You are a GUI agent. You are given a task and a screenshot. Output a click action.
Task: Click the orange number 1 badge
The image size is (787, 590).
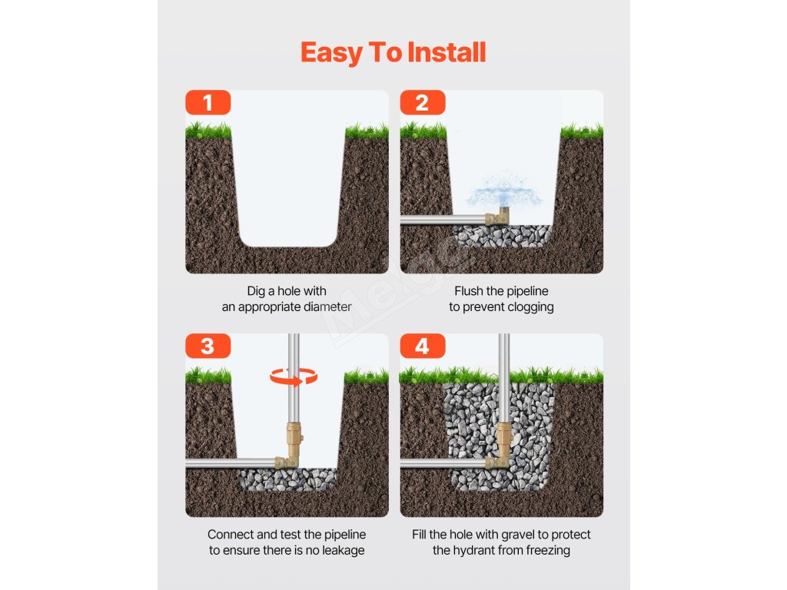point(208,102)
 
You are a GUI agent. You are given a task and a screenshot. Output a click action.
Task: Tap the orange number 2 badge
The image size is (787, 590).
point(423,102)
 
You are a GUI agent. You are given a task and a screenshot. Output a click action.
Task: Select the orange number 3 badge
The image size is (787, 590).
point(208,346)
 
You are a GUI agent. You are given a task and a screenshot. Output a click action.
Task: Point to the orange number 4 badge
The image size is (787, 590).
point(423,346)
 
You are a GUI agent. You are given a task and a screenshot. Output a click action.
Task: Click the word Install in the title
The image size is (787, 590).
point(447,52)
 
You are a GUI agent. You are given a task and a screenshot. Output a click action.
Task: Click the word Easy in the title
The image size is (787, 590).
point(331,53)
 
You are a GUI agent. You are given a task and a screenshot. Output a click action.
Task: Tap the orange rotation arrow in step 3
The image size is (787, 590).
point(294,376)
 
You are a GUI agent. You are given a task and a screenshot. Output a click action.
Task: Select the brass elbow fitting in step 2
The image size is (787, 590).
point(497,217)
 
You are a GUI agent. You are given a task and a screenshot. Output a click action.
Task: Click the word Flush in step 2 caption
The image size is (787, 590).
point(469,291)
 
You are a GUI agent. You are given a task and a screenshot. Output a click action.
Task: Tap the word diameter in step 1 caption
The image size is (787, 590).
point(326,307)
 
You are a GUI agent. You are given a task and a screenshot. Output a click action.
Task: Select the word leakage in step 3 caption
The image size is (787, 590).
point(344,550)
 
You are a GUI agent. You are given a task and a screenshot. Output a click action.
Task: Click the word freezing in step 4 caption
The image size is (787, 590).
point(548,550)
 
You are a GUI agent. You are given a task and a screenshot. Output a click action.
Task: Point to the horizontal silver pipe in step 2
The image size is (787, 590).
point(443,219)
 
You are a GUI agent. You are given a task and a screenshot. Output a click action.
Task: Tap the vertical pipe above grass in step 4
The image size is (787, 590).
point(503,353)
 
